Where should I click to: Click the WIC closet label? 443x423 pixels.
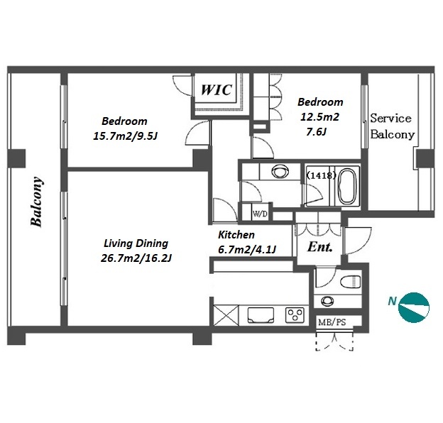point(217,90)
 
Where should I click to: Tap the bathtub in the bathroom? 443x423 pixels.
point(346,186)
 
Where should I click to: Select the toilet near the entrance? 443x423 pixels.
point(351,282)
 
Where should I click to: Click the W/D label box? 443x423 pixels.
point(260,214)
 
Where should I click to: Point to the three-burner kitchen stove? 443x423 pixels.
point(295,314)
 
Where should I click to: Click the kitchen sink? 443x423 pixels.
point(261,314)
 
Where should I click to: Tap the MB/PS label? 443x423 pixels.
point(332,322)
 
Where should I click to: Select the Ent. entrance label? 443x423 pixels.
point(319,247)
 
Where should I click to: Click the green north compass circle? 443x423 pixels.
point(414,307)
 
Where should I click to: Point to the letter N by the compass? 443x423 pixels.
point(392,302)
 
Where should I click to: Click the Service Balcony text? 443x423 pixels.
point(392,126)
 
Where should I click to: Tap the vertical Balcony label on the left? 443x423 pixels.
point(37,202)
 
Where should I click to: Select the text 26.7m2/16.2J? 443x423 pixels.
point(136,258)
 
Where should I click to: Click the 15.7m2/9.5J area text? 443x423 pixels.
point(125,136)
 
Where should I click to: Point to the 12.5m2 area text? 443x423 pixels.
point(319,116)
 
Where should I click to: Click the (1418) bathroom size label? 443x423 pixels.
point(321,175)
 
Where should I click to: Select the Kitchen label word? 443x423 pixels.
point(236,235)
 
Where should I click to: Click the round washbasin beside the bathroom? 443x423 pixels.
point(280,171)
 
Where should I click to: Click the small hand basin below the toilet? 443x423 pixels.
point(327,301)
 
